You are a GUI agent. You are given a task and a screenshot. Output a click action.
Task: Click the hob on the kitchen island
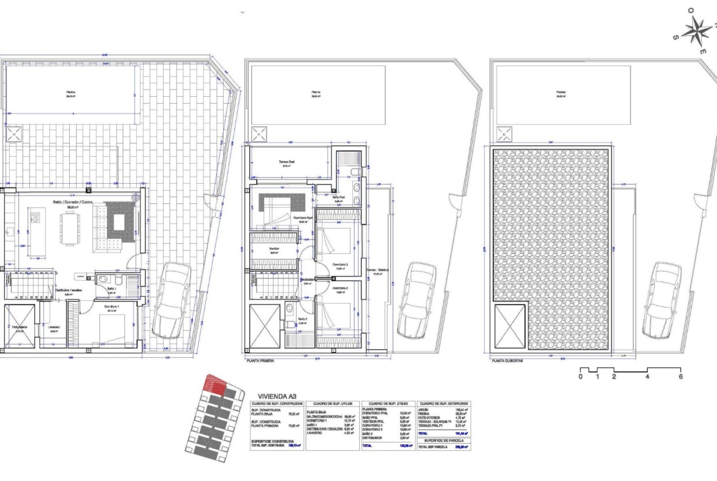pyautogui.click(x=36, y=218)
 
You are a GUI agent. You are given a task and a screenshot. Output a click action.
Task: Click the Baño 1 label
pyautogui.click(x=112, y=288)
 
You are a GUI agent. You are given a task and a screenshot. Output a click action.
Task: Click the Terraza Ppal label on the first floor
pyautogui.click(x=288, y=162)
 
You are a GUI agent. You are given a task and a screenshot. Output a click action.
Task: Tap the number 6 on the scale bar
pyautogui.click(x=680, y=377)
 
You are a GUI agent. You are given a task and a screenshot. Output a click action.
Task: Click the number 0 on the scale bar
pyautogui.click(x=580, y=377)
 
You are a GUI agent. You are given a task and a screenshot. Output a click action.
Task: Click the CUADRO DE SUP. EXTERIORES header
pyautogui.click(x=443, y=404)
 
